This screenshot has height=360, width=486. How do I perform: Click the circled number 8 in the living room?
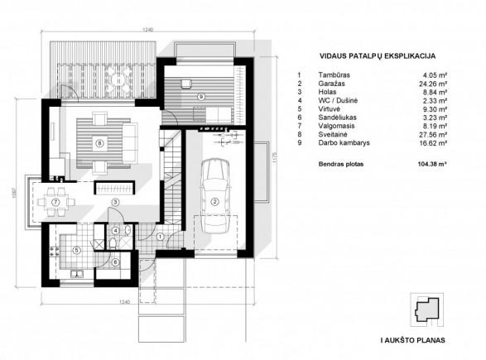tap(99, 143)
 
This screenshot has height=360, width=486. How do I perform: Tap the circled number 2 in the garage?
tap(214, 202)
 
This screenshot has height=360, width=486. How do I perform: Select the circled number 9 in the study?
tap(201, 97)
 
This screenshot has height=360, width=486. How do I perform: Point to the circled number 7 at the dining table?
tap(55, 202)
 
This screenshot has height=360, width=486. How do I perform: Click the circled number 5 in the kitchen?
tap(76, 250)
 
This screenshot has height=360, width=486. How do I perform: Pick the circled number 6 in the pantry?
tap(115, 262)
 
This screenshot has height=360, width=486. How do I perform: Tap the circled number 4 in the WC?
tap(116, 231)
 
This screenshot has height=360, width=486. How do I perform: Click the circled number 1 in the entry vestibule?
tap(160, 237)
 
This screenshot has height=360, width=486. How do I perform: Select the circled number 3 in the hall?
tap(115, 202)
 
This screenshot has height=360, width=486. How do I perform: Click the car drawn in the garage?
tap(215, 196)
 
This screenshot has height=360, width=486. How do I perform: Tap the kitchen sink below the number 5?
tap(77, 274)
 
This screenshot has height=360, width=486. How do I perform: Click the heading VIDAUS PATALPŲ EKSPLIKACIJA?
tap(378, 56)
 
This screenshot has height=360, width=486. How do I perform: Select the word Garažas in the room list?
tap(331, 84)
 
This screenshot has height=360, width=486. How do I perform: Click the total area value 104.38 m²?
tap(432, 164)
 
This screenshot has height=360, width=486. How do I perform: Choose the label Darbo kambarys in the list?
tap(344, 143)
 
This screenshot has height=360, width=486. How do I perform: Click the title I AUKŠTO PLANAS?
tap(413, 340)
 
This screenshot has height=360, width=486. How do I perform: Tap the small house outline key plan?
tap(427, 310)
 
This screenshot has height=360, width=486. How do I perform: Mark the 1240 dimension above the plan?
tap(148, 30)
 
